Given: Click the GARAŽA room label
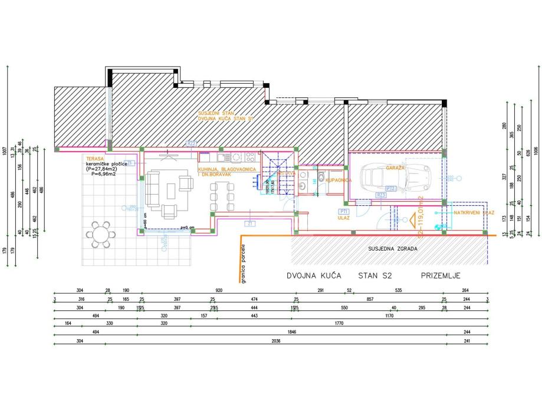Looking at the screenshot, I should coord(395,168).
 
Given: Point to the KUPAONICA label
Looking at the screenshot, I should coord(338,179).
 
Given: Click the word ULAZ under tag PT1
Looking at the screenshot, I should coord(344,218).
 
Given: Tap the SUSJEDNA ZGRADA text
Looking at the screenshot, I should coord(393,248).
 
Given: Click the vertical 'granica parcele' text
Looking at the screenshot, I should coord(242,265).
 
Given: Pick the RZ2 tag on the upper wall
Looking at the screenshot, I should coord(191,143).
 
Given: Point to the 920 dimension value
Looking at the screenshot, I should coord(219,290).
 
